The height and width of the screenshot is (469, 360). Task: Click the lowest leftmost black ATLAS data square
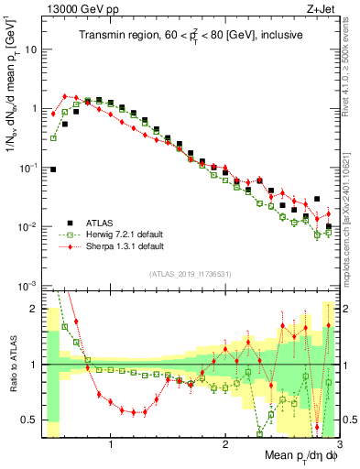tap(54, 169)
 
